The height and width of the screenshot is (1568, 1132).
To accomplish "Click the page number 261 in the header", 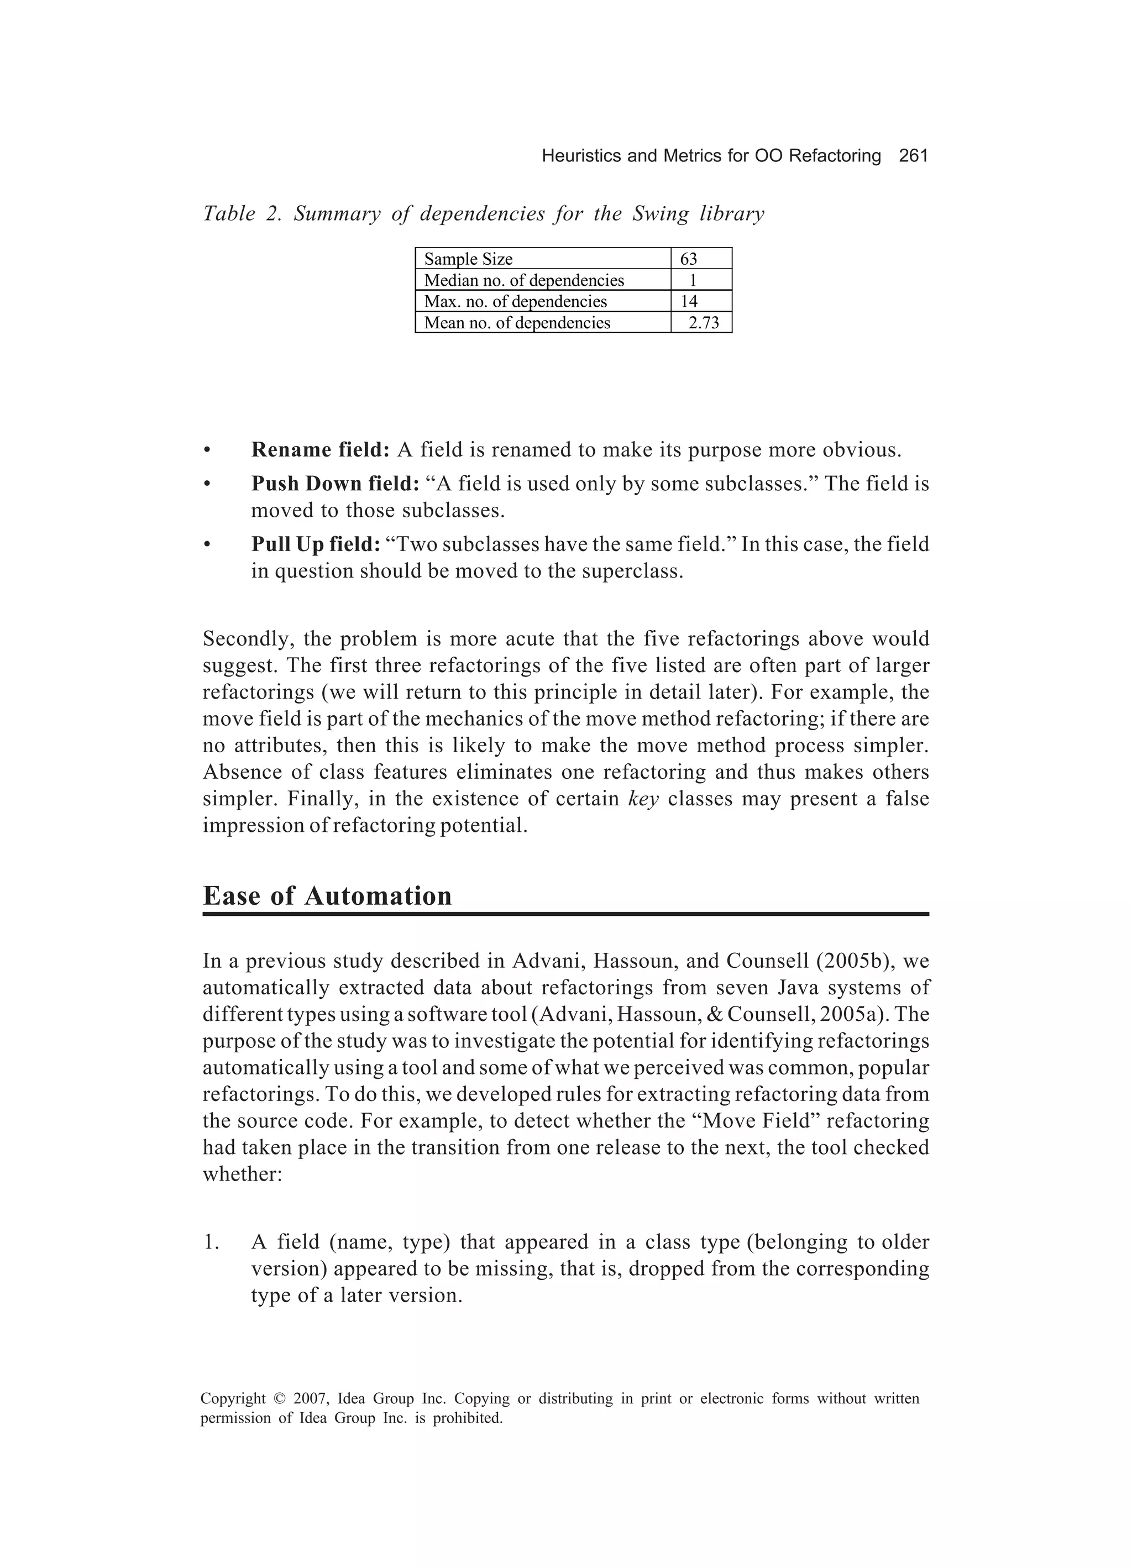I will [913, 156].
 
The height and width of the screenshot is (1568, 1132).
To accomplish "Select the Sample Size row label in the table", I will [468, 259].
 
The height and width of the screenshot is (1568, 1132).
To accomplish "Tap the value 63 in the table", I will [689, 259].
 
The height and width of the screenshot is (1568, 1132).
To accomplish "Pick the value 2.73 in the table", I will [704, 323].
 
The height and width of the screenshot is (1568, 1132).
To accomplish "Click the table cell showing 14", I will [689, 301].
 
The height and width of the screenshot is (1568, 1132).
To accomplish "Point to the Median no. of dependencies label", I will [523, 280].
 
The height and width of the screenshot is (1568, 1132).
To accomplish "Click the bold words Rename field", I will [320, 450].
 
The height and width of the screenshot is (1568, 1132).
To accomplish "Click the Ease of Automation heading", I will [327, 896].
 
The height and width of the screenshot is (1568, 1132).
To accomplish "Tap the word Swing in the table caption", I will [661, 214].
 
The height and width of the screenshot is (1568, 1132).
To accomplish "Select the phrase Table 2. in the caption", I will [239, 214].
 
